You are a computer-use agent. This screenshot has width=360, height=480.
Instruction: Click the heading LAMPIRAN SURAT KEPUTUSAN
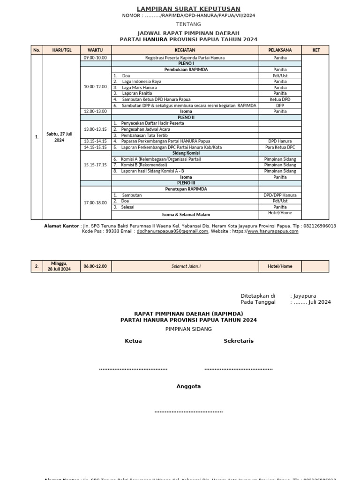tap(188, 9)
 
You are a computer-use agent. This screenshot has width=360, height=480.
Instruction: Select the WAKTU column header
tap(95, 50)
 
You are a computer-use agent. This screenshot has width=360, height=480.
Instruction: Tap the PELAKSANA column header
tap(280, 50)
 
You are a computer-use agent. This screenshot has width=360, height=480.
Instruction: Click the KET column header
tap(316, 50)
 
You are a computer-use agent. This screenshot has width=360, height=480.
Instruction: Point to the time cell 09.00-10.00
tap(95, 58)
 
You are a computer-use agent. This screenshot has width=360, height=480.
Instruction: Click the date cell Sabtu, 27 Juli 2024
tap(59, 137)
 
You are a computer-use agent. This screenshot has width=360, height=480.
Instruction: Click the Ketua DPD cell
tap(280, 99)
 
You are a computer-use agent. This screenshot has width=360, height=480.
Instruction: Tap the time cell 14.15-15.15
tap(95, 147)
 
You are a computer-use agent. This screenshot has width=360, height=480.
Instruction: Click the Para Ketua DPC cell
tap(280, 147)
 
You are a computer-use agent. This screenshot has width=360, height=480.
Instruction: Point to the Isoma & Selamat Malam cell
tap(186, 214)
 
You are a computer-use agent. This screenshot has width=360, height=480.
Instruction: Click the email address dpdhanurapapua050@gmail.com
tap(172, 231)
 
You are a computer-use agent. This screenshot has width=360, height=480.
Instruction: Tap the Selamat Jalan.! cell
tap(186, 266)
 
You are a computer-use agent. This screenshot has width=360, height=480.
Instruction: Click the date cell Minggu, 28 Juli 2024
tap(59, 266)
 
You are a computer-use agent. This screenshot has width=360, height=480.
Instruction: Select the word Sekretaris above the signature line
tap(239, 341)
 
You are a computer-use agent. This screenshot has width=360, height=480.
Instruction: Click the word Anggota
tap(188, 386)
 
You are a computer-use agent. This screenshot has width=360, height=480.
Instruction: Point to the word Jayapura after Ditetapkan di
tap(305, 296)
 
